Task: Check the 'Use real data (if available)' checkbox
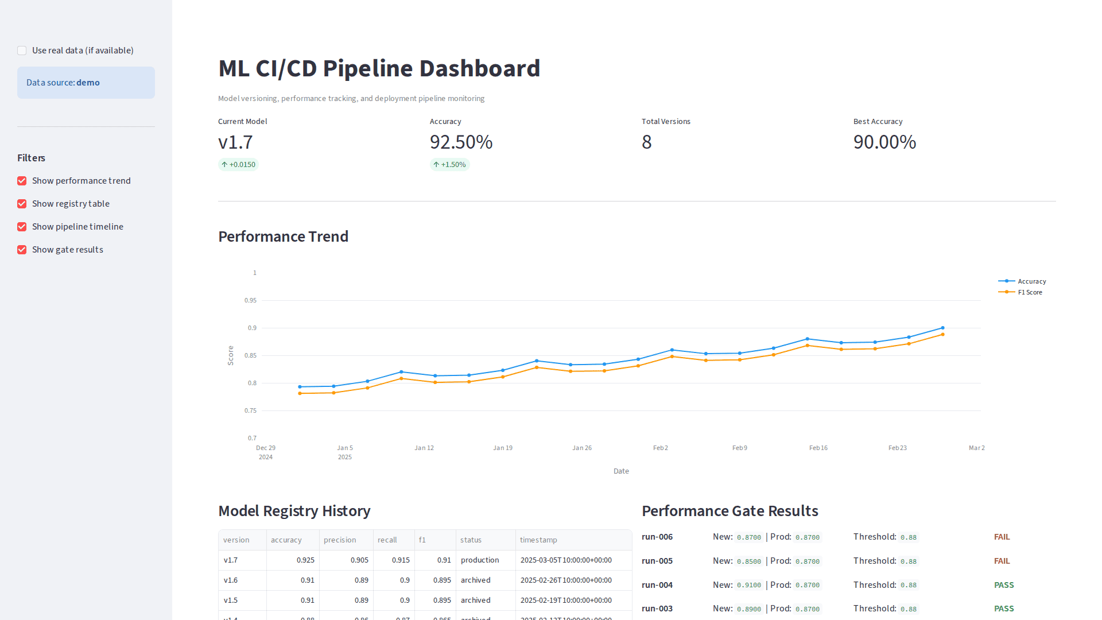[22, 51]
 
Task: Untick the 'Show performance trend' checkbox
[22, 181]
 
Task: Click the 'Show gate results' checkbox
[22, 250]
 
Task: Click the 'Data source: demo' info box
[86, 83]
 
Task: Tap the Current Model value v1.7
[235, 142]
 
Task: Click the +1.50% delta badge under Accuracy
[450, 165]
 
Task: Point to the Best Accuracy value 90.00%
[884, 142]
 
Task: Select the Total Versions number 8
[647, 142]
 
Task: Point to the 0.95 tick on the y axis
[250, 300]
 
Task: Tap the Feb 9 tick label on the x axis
[739, 448]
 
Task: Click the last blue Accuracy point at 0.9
[942, 328]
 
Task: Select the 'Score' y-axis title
[231, 355]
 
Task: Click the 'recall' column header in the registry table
[387, 540]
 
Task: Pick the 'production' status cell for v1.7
[480, 560]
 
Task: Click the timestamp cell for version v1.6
[566, 580]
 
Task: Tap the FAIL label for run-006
[1002, 537]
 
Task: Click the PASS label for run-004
[1004, 585]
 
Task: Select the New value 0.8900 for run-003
[749, 609]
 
